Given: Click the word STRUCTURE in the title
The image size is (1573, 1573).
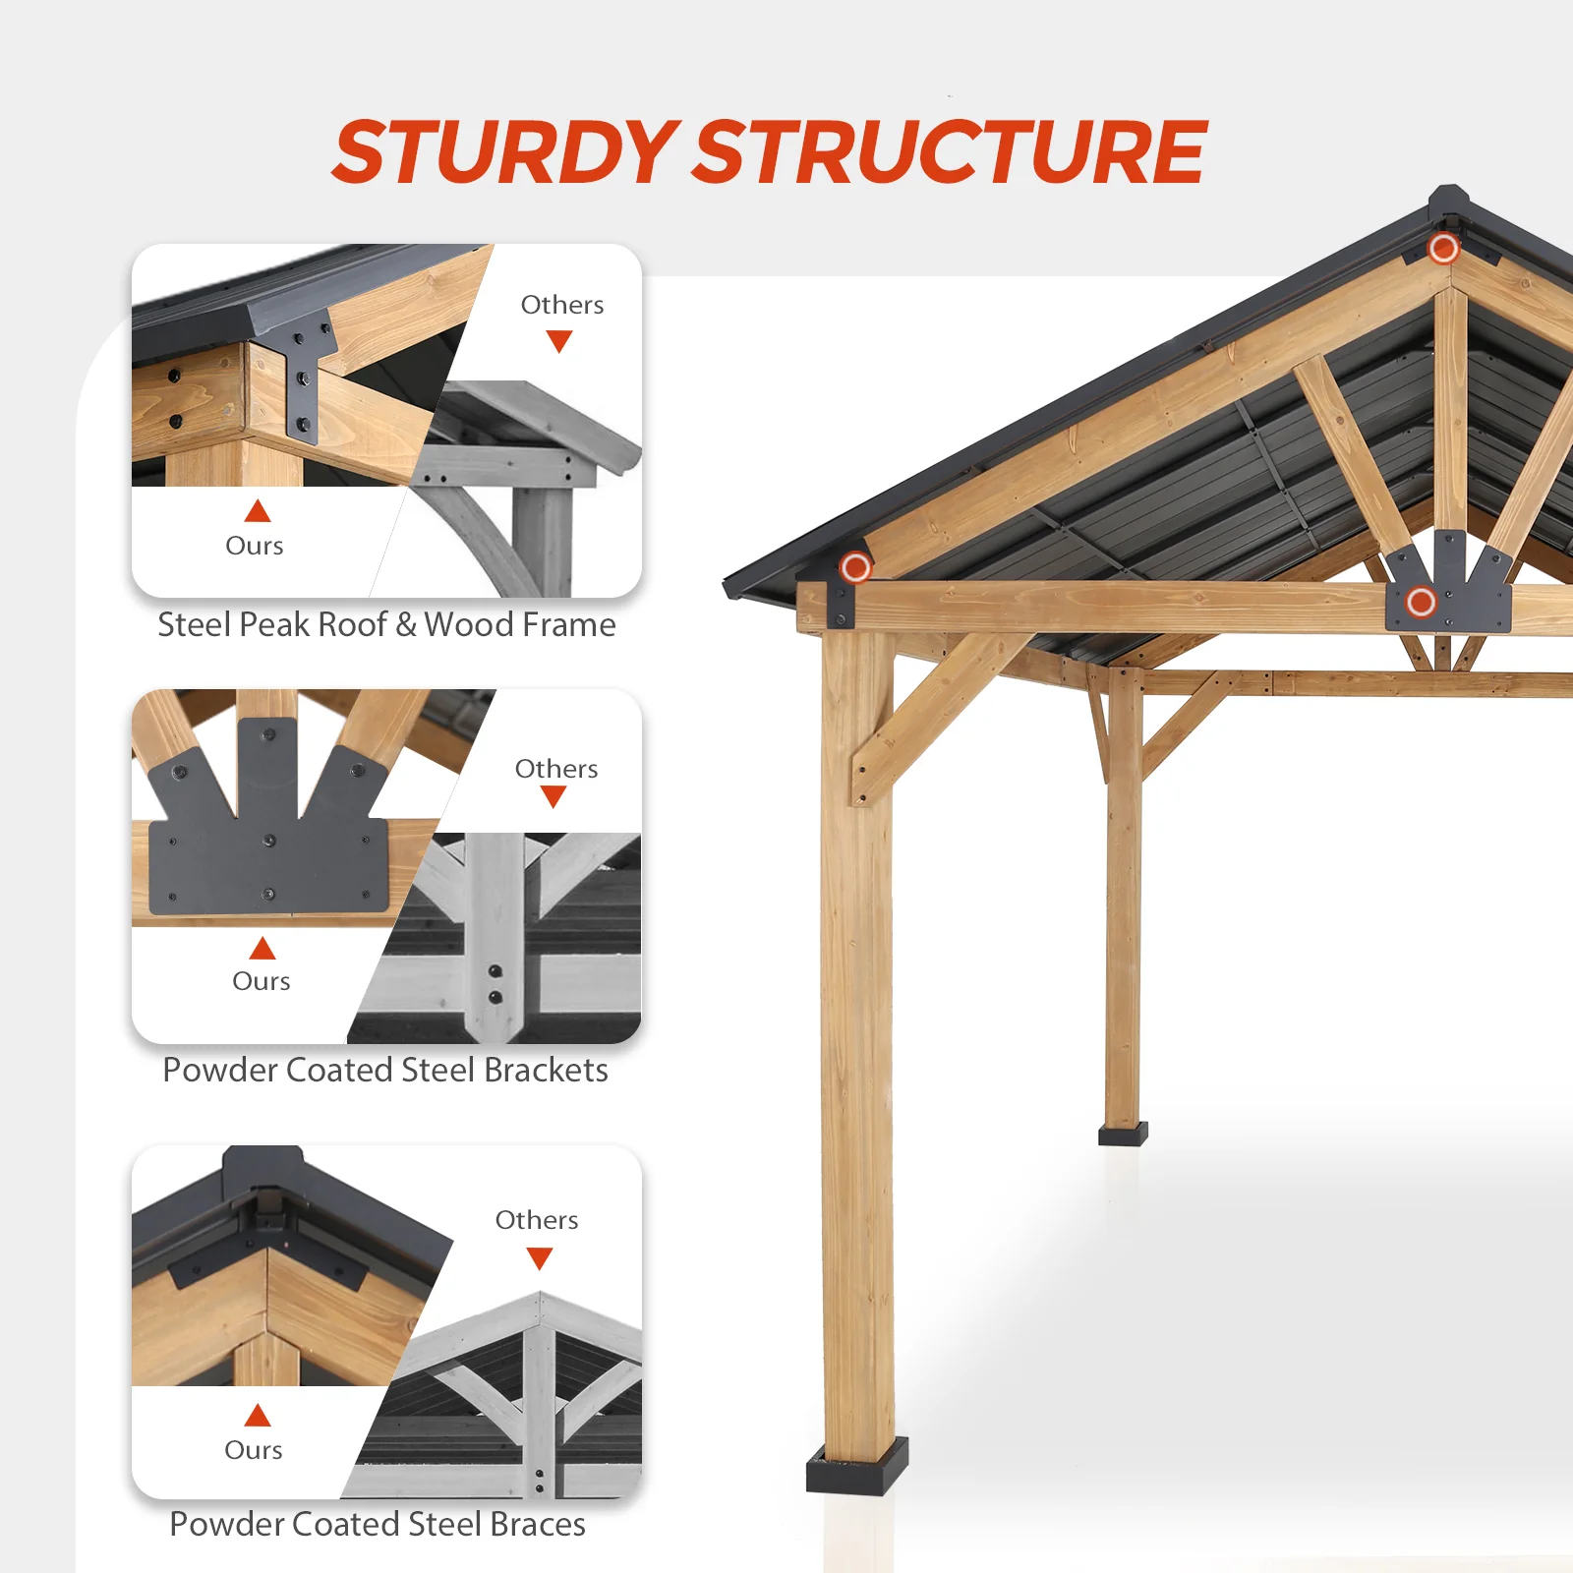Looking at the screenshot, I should tap(950, 152).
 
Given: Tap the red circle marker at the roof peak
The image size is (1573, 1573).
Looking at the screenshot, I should tap(1443, 249).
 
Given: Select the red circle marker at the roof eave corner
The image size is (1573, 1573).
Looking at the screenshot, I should tap(855, 567).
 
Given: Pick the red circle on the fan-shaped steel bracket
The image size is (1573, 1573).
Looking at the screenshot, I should tap(1421, 601).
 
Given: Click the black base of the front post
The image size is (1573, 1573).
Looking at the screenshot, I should tap(856, 1468).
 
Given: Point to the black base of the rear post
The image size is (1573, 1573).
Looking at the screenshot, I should tap(1123, 1136).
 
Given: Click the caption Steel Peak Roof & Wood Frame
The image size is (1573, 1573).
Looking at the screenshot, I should tap(386, 625).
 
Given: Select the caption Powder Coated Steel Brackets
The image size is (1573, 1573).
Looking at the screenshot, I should tap(385, 1070).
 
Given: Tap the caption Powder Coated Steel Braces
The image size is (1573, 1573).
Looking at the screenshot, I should tap(378, 1524).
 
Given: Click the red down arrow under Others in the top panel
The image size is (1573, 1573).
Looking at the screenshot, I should tap(559, 341).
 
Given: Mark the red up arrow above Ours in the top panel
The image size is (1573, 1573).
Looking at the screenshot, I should tap(258, 511).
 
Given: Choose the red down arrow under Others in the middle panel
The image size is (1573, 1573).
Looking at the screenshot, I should tap(553, 796).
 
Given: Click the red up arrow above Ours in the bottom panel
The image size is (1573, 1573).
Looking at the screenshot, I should tap(258, 1416).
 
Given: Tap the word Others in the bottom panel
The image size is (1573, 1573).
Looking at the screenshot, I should tap(537, 1220).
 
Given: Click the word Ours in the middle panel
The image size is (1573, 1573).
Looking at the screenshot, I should tap(262, 981).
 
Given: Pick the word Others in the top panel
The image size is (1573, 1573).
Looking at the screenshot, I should tap(562, 305).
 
